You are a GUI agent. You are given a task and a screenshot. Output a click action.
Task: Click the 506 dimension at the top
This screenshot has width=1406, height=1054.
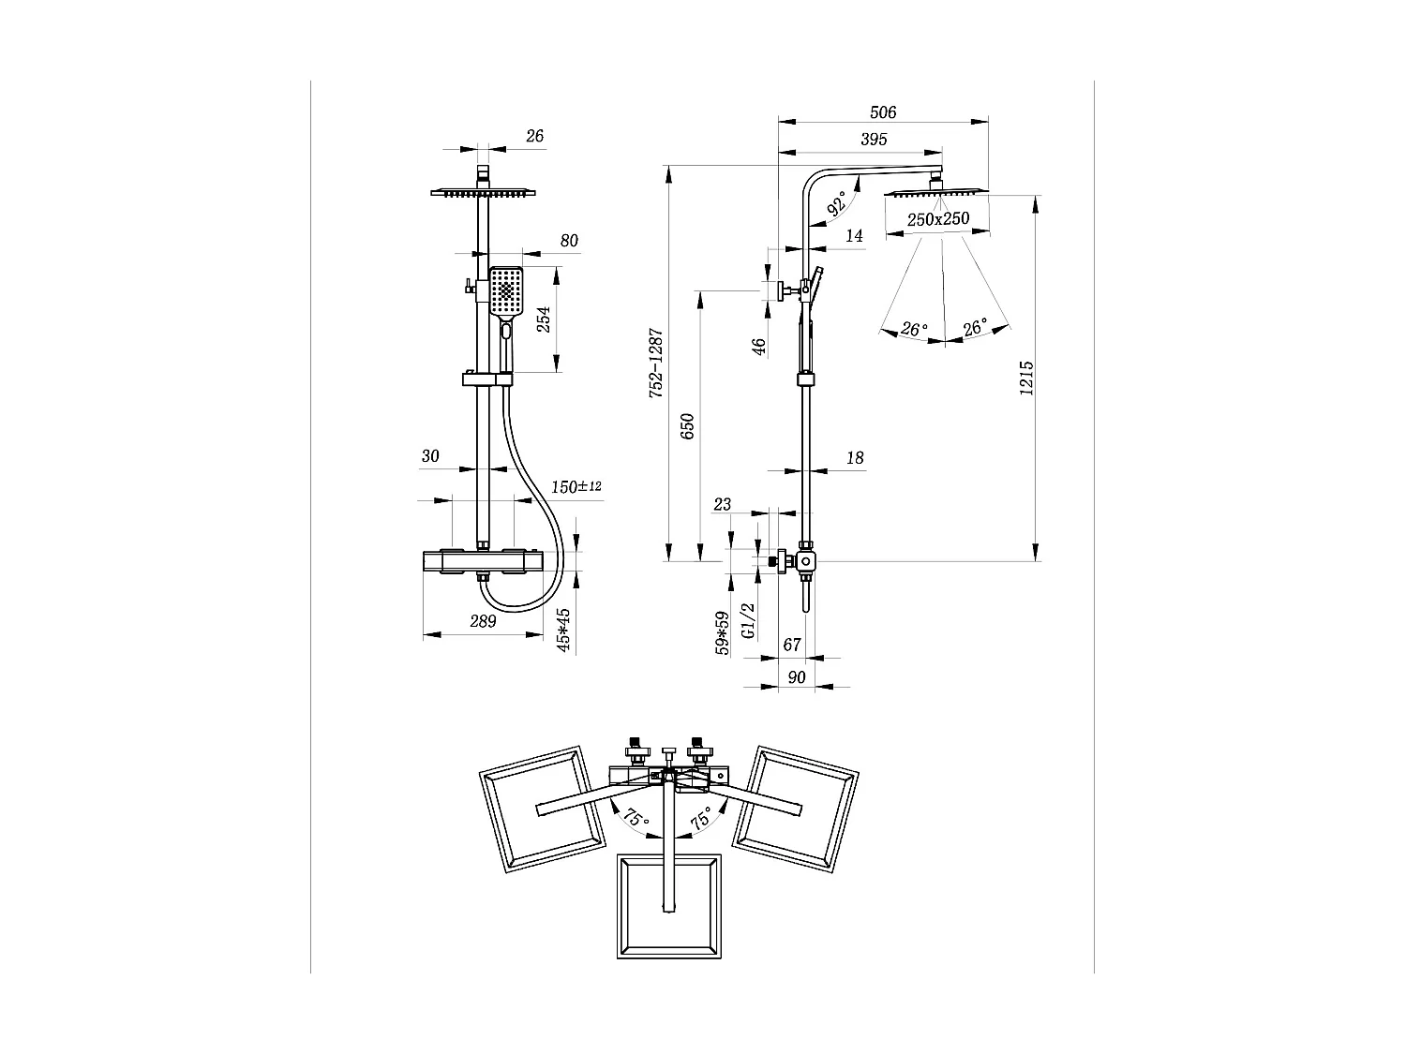883,112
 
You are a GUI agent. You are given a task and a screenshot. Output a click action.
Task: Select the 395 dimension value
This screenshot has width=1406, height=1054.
873,140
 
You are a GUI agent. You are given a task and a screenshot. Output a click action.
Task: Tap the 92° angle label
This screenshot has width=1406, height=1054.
837,202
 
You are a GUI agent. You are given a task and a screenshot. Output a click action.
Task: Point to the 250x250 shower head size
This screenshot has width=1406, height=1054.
937,219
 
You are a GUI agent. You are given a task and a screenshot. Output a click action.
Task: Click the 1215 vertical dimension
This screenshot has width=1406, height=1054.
1026,378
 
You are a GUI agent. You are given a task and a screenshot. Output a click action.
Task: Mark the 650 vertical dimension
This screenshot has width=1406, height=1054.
687,427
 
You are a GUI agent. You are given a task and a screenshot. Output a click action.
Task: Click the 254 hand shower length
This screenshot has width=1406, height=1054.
543,320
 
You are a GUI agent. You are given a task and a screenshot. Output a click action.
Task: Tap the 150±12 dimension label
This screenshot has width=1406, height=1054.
576,487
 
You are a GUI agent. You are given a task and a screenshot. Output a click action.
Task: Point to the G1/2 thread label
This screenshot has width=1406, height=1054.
748,620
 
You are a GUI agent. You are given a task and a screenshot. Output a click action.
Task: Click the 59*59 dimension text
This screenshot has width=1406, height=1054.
723,633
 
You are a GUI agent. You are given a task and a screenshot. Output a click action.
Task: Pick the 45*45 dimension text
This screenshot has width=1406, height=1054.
563,630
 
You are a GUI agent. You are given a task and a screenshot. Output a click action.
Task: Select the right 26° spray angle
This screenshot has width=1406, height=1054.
975,328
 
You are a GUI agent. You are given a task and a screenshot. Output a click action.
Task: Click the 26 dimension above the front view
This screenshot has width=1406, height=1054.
534,136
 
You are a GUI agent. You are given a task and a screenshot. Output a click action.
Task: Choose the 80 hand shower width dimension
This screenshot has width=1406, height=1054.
569,241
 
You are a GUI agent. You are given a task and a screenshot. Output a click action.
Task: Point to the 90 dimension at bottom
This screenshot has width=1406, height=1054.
797,677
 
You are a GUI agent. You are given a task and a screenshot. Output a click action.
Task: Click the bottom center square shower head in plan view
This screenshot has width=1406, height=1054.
669,906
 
